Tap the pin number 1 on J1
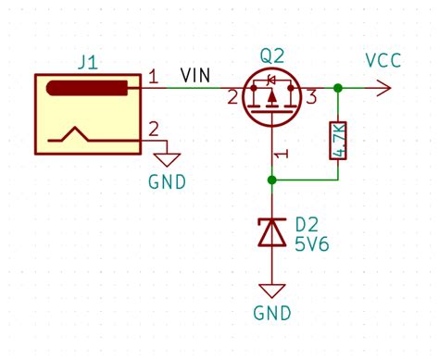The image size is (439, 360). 155,74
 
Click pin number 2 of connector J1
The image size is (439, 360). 155,128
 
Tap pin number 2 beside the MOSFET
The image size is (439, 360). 232,96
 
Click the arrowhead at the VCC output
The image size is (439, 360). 383,89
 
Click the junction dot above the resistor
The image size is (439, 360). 338,89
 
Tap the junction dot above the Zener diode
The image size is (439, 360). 271,180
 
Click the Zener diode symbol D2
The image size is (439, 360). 271,232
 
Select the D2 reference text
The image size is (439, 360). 307,225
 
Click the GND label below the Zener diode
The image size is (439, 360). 271,312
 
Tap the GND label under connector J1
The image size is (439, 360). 167,181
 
